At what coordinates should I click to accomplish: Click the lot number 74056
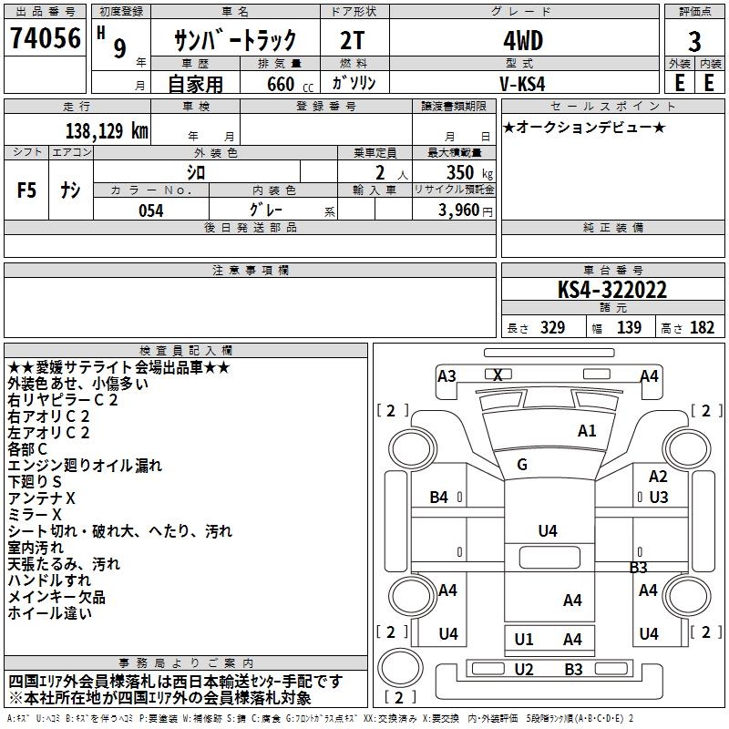point(45,39)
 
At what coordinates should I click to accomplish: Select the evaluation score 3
point(694,41)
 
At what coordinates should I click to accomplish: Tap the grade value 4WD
point(523,41)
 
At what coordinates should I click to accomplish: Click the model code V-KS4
point(523,83)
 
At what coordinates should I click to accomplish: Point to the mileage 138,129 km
point(107,131)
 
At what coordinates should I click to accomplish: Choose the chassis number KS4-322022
point(612,291)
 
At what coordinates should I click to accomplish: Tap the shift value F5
point(27,190)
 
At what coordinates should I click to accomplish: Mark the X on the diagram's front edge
point(498,375)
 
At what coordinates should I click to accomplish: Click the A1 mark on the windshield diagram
point(587,431)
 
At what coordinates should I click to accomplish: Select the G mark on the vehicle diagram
point(522,465)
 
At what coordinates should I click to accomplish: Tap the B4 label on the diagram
point(439,498)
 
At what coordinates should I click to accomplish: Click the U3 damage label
point(659,498)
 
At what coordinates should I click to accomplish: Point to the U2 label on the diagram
point(524,670)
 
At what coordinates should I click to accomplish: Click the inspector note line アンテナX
point(41,498)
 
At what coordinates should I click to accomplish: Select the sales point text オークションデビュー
point(584,128)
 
